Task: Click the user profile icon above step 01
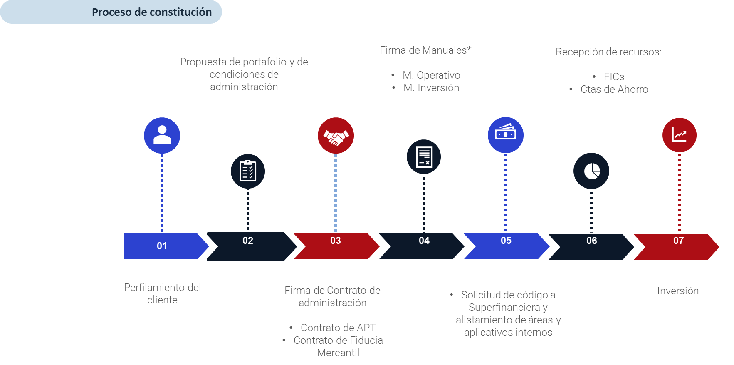[162, 135]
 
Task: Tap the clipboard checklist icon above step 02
[248, 171]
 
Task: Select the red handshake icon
[336, 136]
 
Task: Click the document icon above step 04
[424, 157]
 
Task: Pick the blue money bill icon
[505, 134]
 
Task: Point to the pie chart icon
[591, 171]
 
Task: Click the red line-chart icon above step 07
[679, 135]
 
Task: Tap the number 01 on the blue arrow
[162, 246]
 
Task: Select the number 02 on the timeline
[248, 241]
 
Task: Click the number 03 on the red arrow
[336, 241]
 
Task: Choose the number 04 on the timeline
[424, 241]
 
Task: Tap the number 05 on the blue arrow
[506, 241]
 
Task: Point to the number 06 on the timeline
[592, 241]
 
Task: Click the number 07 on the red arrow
[678, 241]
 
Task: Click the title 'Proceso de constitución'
[152, 12]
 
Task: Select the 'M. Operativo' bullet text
[431, 75]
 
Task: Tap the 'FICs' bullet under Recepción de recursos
[614, 77]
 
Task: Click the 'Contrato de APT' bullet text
[338, 328]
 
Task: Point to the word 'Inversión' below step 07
[678, 291]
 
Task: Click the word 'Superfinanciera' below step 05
[504, 308]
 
